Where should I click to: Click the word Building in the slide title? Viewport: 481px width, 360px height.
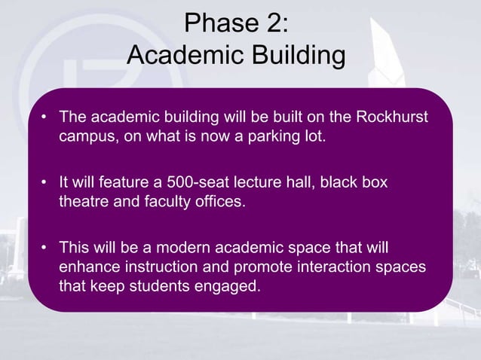[x=293, y=55]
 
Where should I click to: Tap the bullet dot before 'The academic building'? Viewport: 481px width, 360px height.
[x=45, y=118]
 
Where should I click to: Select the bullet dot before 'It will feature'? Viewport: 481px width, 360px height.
[x=45, y=184]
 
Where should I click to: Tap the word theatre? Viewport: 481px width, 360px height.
[x=82, y=203]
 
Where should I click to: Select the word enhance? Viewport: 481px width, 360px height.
[x=87, y=268]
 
